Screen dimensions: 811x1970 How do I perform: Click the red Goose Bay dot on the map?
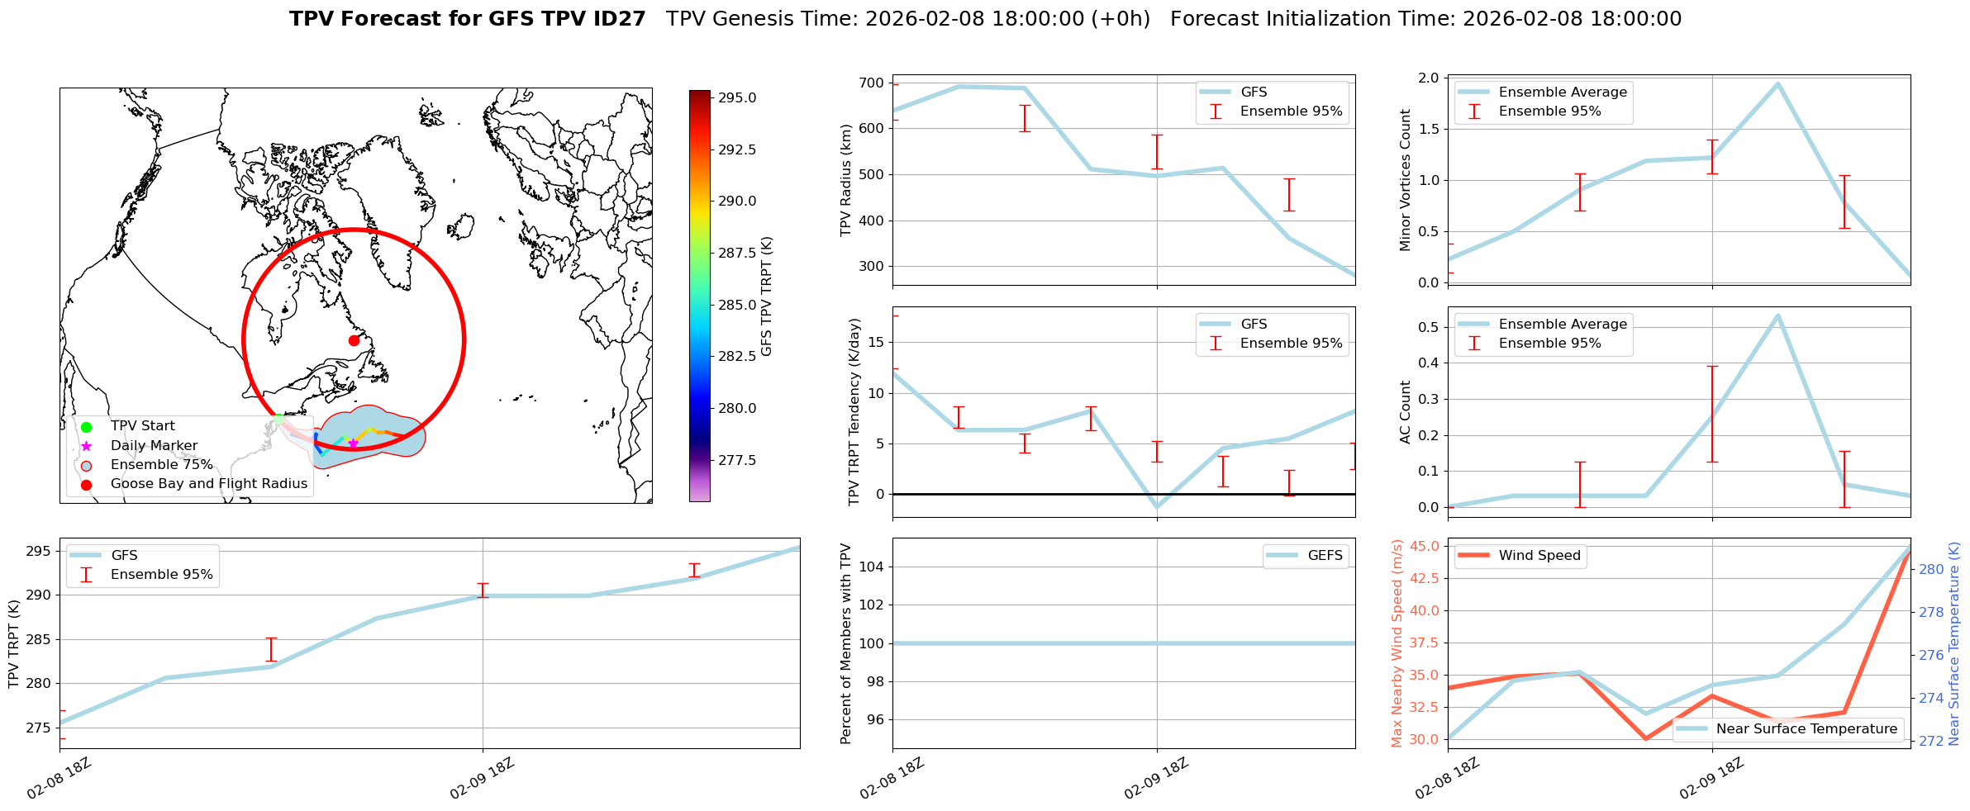click(354, 340)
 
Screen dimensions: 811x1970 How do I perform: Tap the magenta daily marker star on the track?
click(353, 443)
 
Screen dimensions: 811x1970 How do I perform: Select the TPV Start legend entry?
click(142, 426)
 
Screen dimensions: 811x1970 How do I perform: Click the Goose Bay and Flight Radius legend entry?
click(208, 484)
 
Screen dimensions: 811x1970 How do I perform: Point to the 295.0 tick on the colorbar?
click(737, 97)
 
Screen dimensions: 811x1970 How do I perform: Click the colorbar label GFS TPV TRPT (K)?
click(767, 296)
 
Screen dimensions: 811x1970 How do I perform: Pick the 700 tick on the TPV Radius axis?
click(873, 83)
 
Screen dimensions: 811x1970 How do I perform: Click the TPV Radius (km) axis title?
click(845, 180)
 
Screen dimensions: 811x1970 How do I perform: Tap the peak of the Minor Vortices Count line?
click(1777, 83)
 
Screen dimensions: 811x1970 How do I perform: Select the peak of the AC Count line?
click(1777, 315)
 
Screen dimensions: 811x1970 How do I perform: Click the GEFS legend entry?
click(1325, 556)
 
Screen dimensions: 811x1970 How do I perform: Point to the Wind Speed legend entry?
click(1539, 556)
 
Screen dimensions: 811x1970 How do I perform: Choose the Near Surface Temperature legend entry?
click(1806, 729)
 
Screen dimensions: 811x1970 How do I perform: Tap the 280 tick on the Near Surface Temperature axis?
click(1931, 569)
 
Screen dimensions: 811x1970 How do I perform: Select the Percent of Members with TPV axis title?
click(845, 643)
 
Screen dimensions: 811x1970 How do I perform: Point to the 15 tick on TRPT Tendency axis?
click(878, 342)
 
